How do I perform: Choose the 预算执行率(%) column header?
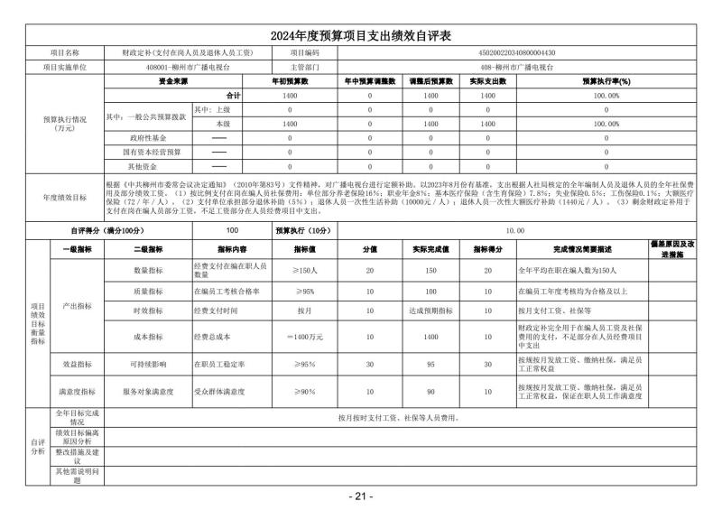606,81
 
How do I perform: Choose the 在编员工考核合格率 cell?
228,292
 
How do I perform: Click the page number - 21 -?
360,496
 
